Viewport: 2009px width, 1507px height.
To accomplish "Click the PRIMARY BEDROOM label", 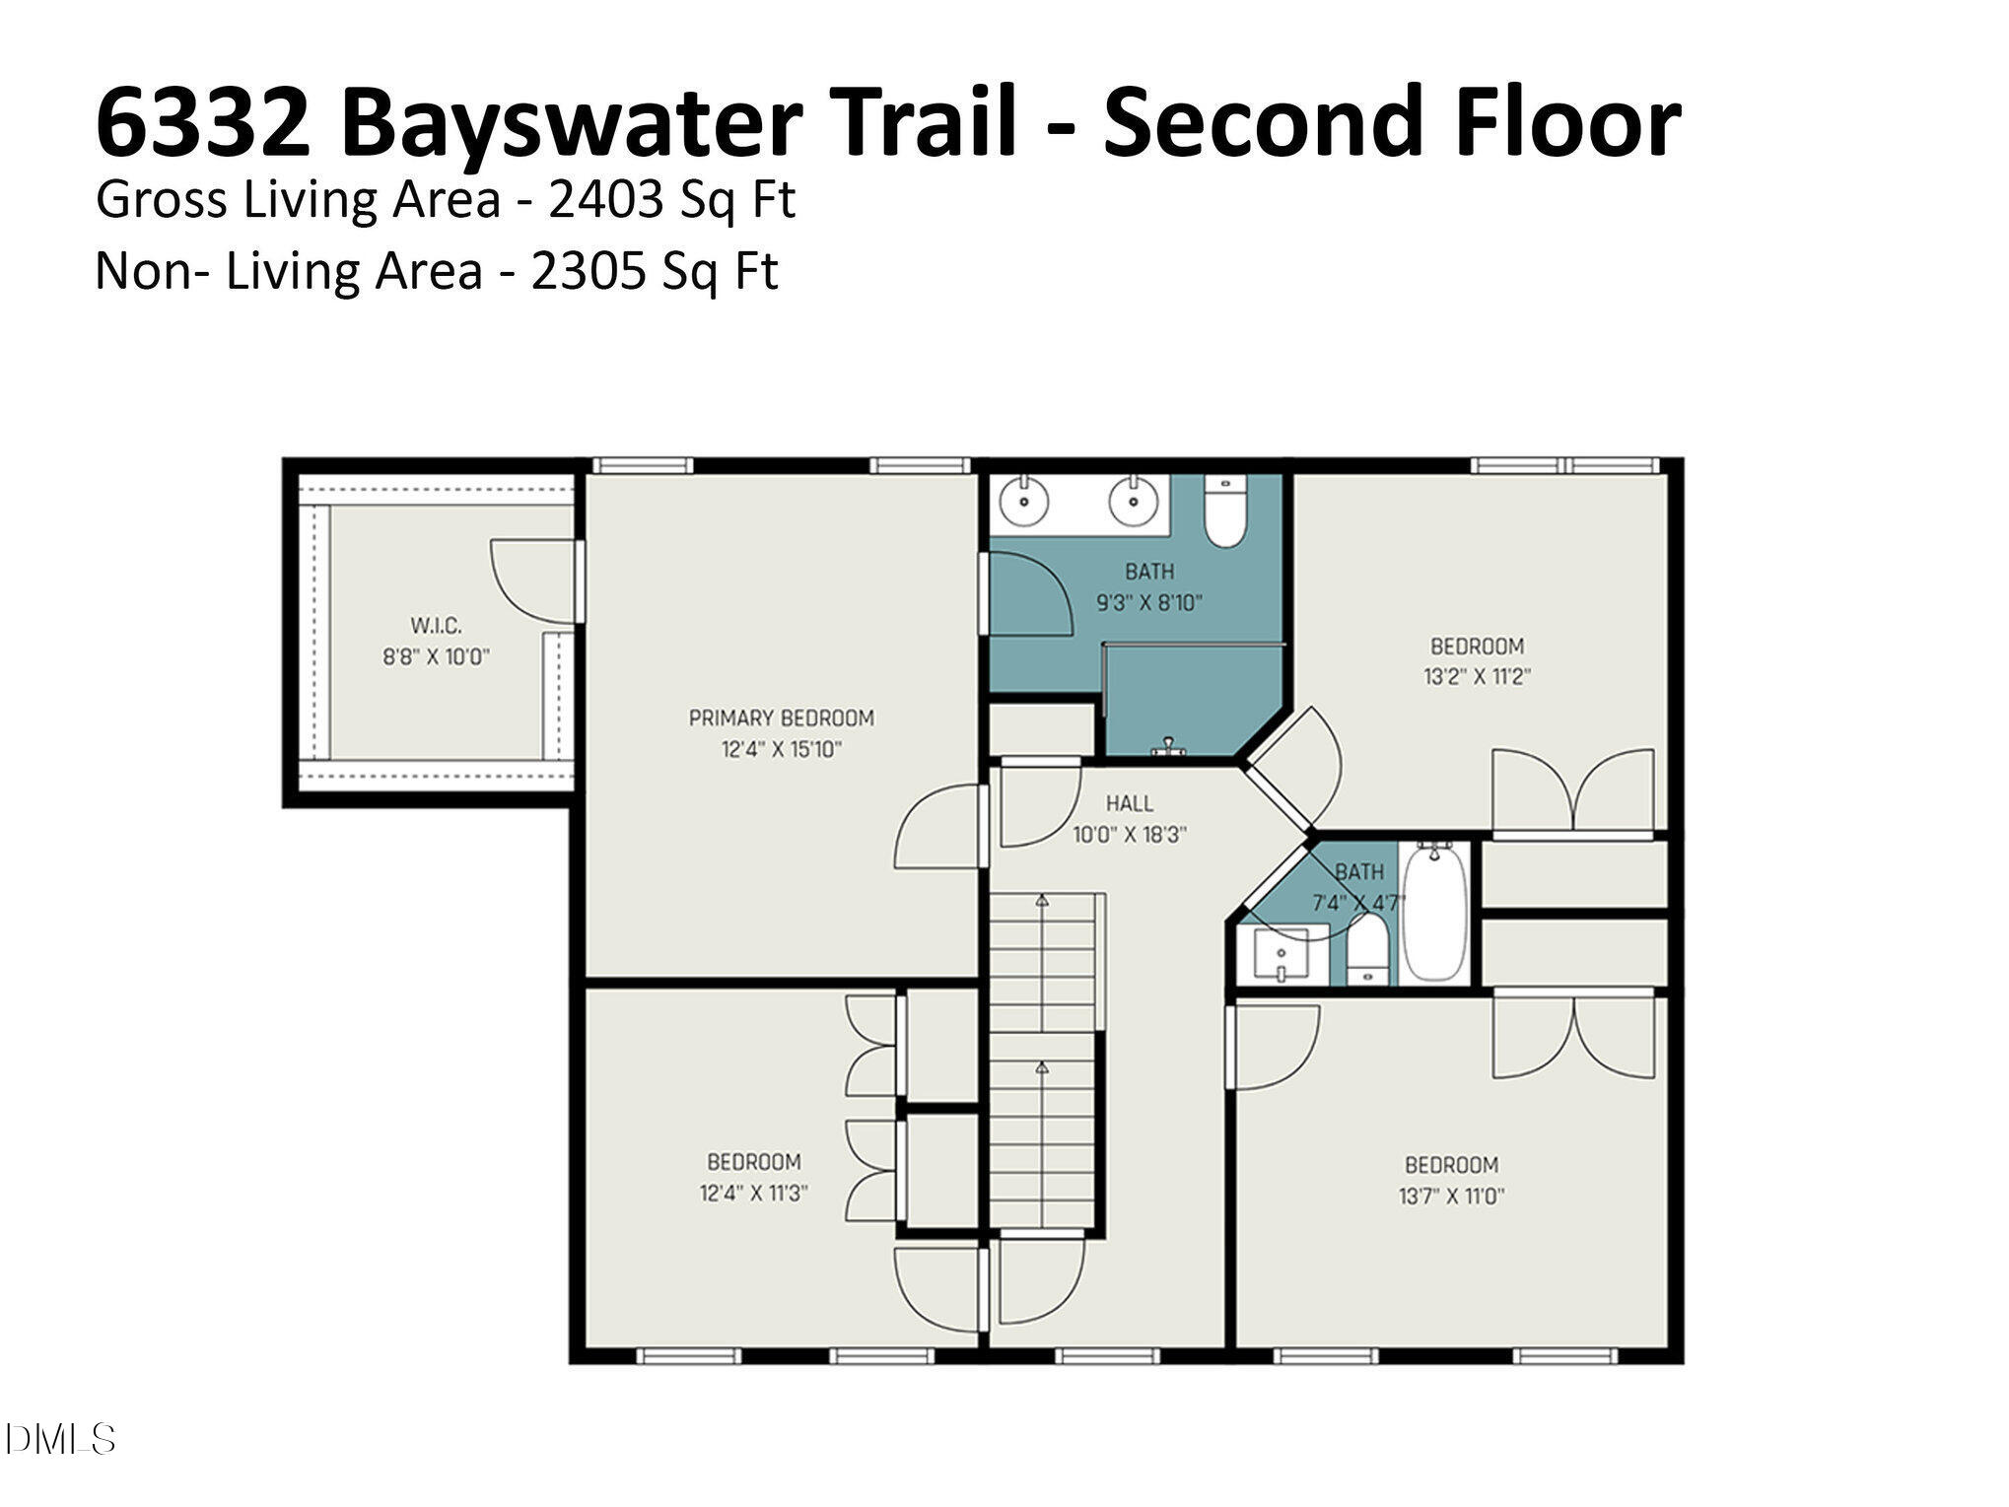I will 781,719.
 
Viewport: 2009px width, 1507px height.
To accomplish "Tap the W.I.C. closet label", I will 436,626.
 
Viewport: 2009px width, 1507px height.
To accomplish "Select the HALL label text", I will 1129,803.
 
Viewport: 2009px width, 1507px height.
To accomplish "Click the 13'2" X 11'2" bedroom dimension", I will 1477,678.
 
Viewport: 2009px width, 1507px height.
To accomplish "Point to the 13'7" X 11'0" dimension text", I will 1451,1197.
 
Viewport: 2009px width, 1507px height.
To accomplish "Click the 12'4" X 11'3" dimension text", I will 753,1194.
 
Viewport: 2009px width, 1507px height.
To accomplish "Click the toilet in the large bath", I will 1225,513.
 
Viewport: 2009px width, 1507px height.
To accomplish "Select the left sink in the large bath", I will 1025,501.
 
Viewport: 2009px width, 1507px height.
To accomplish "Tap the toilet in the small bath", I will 1366,949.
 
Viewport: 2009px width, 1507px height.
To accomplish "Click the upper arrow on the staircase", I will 1042,900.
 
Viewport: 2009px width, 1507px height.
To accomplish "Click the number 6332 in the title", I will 202,123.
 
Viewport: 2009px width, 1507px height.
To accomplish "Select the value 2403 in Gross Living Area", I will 605,200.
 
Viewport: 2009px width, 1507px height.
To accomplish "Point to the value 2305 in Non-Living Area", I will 589,271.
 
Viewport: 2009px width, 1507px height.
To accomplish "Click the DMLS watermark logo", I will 59,1439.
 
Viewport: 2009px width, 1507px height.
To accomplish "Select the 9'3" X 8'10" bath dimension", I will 1149,603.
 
